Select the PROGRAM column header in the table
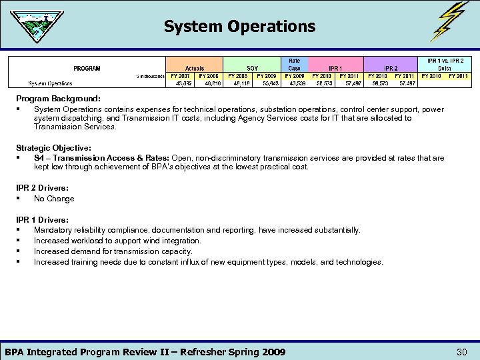click(87, 68)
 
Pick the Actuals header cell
click(195, 68)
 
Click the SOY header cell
click(252, 68)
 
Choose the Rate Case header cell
click(294, 64)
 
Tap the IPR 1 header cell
click(336, 68)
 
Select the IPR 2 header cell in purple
click(391, 68)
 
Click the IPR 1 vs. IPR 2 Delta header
click(445, 64)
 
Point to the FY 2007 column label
click(181, 76)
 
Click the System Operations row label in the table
click(51, 84)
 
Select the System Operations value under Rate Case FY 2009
click(294, 84)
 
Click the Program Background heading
click(59, 99)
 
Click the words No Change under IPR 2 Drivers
click(54, 199)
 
